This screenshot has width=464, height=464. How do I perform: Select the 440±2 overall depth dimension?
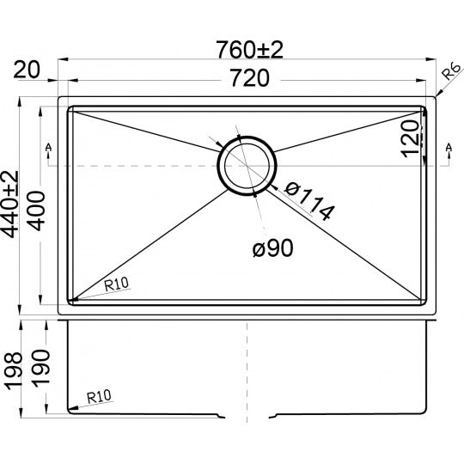pyautogui.click(x=12, y=206)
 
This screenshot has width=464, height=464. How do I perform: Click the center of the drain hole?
pyautogui.click(x=247, y=166)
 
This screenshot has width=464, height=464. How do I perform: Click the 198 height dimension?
pyautogui.click(x=12, y=365)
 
